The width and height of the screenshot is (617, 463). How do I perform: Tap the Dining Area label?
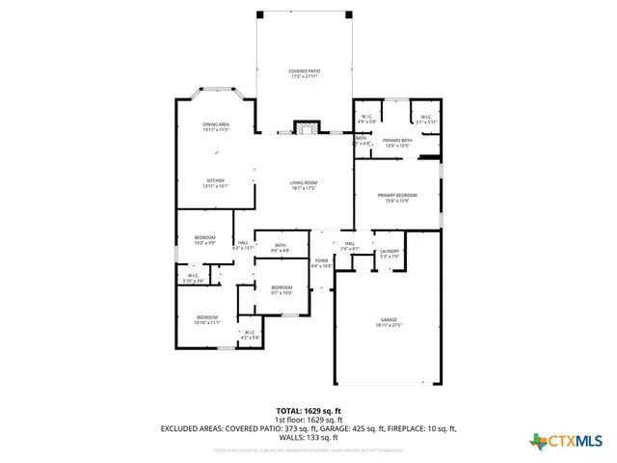(215, 126)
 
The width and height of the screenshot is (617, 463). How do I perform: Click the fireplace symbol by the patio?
(306, 128)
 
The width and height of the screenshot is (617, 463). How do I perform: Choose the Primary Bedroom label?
(397, 197)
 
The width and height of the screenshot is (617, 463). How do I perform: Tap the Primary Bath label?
(397, 143)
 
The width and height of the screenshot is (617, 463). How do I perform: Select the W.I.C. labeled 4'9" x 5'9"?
(366, 120)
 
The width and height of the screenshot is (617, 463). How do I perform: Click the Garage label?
(389, 322)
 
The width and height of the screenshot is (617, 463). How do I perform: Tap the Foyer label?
(321, 262)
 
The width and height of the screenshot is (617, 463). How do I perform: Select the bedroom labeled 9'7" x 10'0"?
(282, 289)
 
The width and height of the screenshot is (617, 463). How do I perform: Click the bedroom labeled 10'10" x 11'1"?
(207, 319)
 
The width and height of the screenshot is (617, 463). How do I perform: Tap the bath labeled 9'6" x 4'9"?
(280, 248)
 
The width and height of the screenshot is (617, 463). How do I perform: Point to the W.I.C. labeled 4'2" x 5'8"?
(250, 335)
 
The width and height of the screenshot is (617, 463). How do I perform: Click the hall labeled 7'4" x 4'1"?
(350, 245)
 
